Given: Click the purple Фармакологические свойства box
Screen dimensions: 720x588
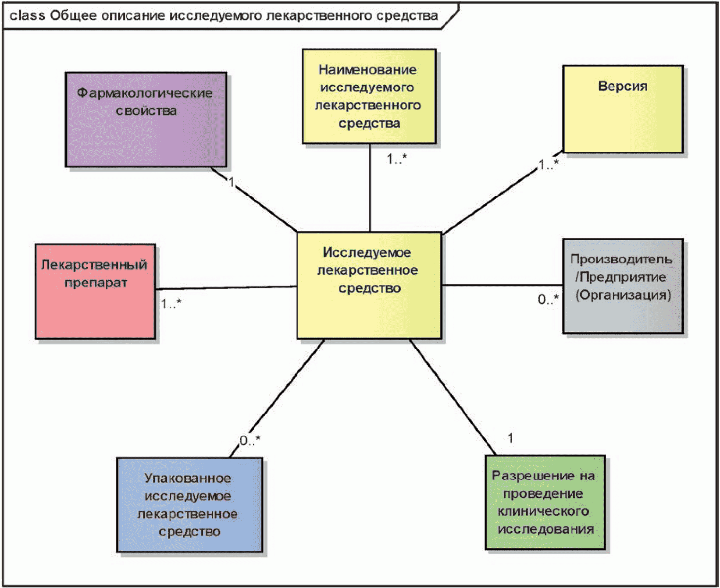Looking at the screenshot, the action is click(x=146, y=120).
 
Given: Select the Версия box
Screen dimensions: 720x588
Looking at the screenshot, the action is click(x=623, y=109).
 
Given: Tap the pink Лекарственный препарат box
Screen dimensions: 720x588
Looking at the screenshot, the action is click(x=95, y=291).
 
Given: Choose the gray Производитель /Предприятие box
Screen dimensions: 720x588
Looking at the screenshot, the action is click(x=623, y=286).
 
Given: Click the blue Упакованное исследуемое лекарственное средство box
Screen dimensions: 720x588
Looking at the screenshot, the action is click(x=189, y=505).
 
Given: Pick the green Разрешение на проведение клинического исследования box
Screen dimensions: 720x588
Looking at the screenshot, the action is click(x=545, y=502).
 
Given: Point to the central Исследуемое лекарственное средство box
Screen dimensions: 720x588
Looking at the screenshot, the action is click(x=369, y=285).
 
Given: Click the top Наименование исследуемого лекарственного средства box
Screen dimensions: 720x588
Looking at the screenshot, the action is click(x=369, y=96).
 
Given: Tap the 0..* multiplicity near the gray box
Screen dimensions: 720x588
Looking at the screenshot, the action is click(x=548, y=299).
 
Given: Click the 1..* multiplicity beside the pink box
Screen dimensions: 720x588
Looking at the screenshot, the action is click(x=171, y=303).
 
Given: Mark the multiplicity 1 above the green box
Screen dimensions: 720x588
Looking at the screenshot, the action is click(x=510, y=438).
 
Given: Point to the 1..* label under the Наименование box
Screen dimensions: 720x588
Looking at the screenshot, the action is click(x=397, y=159).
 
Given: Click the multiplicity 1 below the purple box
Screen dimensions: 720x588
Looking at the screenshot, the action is click(x=232, y=181).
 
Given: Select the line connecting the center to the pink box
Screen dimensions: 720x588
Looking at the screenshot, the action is click(x=226, y=288).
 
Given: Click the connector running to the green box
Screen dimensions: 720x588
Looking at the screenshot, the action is click(x=453, y=397).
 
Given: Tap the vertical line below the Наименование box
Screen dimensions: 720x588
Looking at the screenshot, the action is click(x=370, y=188).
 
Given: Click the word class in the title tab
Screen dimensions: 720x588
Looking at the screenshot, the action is click(x=27, y=15).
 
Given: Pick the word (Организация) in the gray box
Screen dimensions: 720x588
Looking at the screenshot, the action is click(x=623, y=294).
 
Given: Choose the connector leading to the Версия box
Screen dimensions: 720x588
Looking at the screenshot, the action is click(x=503, y=193).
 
